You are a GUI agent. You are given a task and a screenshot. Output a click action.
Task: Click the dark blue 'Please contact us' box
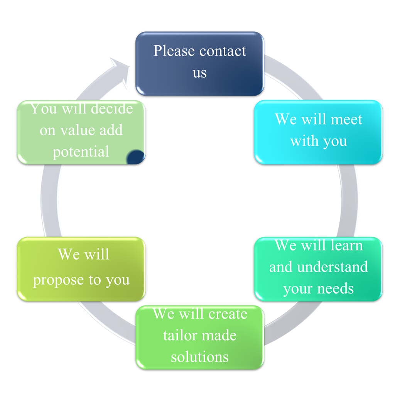(x=199, y=64)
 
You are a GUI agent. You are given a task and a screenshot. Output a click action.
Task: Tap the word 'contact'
(x=223, y=51)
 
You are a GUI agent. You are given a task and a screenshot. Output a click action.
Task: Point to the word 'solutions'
(x=200, y=357)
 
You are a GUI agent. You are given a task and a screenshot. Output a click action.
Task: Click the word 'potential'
(x=81, y=152)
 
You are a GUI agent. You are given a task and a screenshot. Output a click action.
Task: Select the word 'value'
(x=78, y=130)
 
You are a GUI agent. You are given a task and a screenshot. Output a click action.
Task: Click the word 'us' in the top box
(x=200, y=73)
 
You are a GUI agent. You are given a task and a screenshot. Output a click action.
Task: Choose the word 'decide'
(x=112, y=109)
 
